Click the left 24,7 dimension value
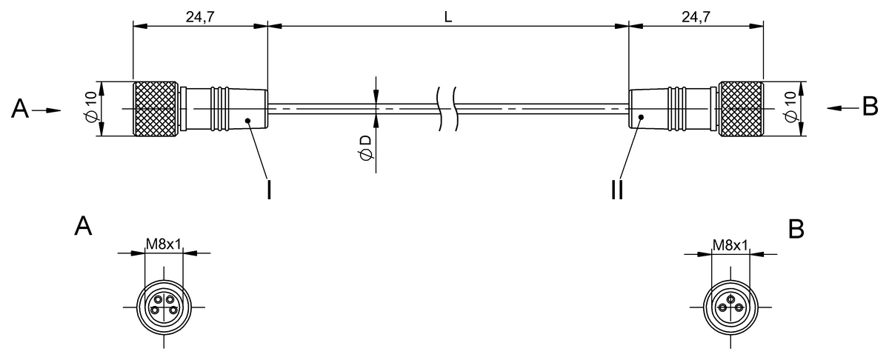click(200, 17)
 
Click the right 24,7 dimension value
click(696, 17)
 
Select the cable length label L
click(448, 17)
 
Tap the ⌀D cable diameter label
click(365, 147)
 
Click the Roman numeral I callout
click(269, 190)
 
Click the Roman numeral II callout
click(617, 190)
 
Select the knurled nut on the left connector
click(155, 109)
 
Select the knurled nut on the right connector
click(741, 109)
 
